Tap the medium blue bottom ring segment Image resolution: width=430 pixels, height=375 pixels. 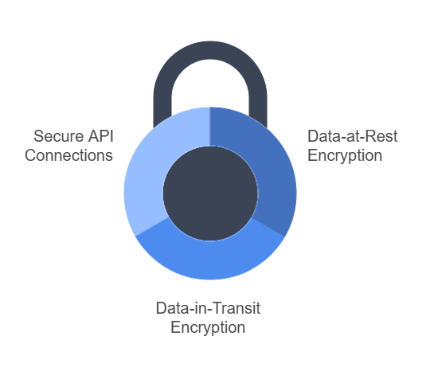(x=210, y=260)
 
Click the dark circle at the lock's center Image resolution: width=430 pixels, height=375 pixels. (x=210, y=193)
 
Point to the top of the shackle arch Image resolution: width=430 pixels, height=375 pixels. (x=210, y=50)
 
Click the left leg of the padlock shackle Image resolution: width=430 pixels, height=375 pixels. (x=162, y=110)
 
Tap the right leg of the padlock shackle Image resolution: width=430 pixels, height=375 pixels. (x=258, y=110)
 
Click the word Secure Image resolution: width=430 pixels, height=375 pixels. (x=59, y=136)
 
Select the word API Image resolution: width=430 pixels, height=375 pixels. (x=101, y=136)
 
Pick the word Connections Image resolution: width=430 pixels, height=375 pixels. (x=68, y=155)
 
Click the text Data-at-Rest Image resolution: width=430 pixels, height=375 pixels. (x=353, y=136)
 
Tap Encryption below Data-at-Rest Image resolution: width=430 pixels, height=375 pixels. (x=345, y=156)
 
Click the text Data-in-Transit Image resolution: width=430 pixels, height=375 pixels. (x=208, y=308)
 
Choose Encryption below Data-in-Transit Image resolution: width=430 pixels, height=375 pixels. (x=208, y=327)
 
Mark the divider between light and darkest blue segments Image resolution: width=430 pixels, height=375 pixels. (x=210, y=127)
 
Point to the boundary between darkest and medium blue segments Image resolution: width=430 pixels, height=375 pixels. (x=268, y=227)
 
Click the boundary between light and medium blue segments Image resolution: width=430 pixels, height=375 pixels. (x=152, y=227)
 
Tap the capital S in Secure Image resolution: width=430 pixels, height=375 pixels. (x=39, y=136)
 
